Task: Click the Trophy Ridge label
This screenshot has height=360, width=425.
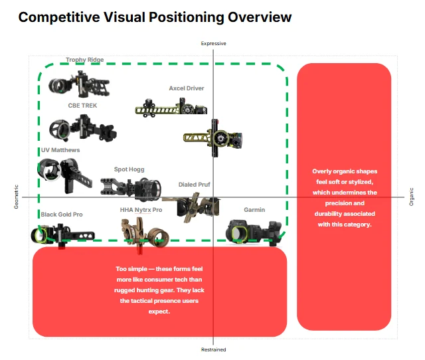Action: coord(84,60)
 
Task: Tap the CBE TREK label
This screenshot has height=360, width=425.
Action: coord(82,106)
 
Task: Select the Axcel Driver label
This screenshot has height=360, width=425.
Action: coord(187,88)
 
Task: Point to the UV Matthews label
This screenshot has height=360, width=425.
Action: coord(60,150)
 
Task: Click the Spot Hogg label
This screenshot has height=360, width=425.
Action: coord(129,169)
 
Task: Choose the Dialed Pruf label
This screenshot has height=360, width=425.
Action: coord(195,185)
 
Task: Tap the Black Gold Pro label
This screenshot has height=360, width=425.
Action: coord(62,215)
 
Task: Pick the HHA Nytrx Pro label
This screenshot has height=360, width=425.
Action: coord(141,210)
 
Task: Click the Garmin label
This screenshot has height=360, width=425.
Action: coord(254,210)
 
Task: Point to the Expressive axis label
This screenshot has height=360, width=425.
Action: coord(213,43)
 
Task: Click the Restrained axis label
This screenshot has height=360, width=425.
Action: coord(213,349)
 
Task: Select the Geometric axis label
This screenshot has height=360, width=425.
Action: coord(16,197)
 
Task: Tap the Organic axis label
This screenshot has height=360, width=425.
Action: coord(412,197)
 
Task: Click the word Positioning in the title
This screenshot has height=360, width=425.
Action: coord(187,18)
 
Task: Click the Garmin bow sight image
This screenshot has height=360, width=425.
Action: coord(254,232)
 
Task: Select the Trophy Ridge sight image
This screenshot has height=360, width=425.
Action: coord(79,84)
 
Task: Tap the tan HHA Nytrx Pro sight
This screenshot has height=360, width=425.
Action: coord(145,233)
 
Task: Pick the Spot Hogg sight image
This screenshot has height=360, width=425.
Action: coord(131,189)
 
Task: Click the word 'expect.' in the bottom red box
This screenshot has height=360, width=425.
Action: coord(159,312)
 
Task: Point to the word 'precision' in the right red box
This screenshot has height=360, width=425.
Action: coord(345,203)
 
